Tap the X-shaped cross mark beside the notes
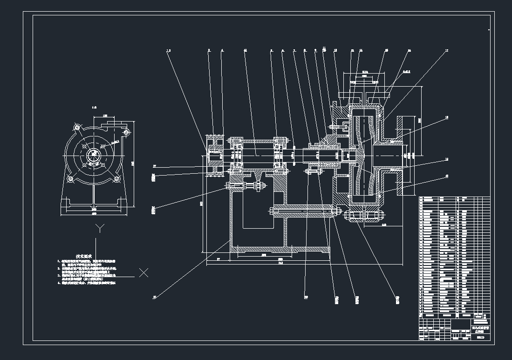(x=144, y=273)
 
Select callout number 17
(x=446, y=51)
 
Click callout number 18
(x=446, y=118)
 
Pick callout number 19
(x=446, y=159)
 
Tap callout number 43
(x=446, y=176)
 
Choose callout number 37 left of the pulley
(x=155, y=166)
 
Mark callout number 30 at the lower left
(x=155, y=296)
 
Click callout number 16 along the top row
(x=409, y=51)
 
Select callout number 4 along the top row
(x=222, y=50)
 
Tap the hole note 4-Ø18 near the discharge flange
(x=406, y=72)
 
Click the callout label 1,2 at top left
(x=169, y=50)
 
